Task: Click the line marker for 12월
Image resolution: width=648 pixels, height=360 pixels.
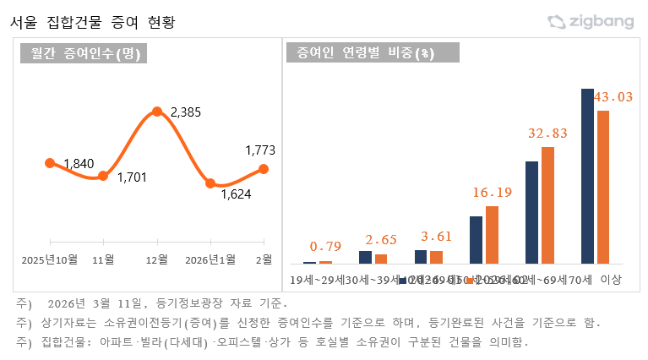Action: [x=157, y=112]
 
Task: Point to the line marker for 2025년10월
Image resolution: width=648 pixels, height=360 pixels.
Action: [x=50, y=162]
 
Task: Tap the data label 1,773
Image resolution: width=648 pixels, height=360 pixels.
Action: [x=260, y=150]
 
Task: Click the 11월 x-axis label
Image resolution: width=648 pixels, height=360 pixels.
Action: [x=103, y=259]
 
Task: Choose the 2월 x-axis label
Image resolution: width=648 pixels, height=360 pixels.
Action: [x=264, y=259]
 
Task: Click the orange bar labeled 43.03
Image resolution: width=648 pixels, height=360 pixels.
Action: [x=603, y=187]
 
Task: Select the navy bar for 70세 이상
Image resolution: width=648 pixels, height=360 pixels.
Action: [x=588, y=176]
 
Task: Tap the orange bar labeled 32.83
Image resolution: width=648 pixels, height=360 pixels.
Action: [x=547, y=205]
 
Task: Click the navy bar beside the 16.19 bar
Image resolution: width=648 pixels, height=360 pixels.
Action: [x=476, y=240]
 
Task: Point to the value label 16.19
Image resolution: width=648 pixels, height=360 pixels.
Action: [x=492, y=192]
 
